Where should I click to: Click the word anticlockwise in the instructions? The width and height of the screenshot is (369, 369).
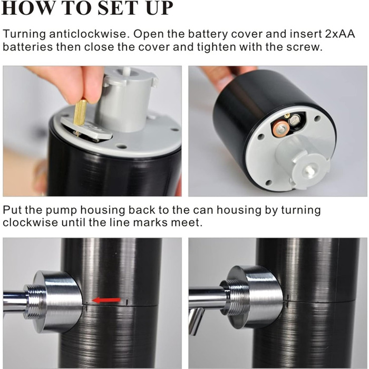click(x=90, y=34)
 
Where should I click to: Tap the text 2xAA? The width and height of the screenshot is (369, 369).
click(x=340, y=34)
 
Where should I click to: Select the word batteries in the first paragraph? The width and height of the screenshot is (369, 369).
click(x=27, y=47)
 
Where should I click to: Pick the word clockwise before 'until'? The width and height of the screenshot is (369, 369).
click(x=30, y=222)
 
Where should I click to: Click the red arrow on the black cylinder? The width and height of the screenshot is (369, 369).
click(x=106, y=300)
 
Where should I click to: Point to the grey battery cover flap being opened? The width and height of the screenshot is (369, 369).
click(x=86, y=129)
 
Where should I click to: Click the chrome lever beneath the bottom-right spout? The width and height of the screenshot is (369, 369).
click(x=196, y=321)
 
